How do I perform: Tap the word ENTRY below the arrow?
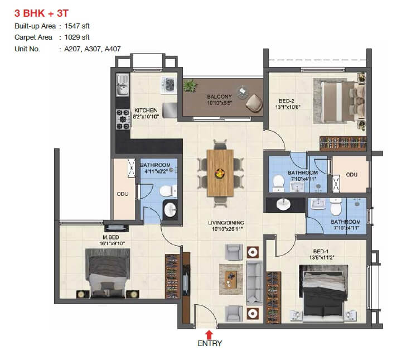[x=210, y=344]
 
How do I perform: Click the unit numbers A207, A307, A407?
[x=89, y=49]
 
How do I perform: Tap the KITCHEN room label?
[x=145, y=110]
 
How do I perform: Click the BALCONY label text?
[x=219, y=97]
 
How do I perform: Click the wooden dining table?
[x=221, y=172]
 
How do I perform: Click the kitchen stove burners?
[x=123, y=117]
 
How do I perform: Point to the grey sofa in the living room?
[x=255, y=281]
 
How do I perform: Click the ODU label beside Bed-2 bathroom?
[x=351, y=175]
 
